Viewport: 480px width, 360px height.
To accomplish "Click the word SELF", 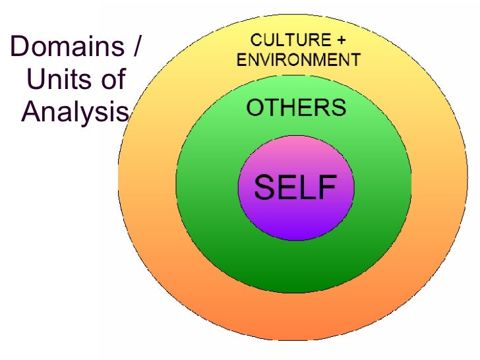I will tap(295, 187).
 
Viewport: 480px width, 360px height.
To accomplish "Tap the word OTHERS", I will tap(296, 108).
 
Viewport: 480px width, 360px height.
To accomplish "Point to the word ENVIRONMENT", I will tap(298, 61).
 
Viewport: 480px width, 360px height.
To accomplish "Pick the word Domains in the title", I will tap(67, 47).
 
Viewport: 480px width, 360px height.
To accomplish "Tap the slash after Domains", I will tap(137, 47).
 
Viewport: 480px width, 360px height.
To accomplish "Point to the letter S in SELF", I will tap(264, 187).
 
